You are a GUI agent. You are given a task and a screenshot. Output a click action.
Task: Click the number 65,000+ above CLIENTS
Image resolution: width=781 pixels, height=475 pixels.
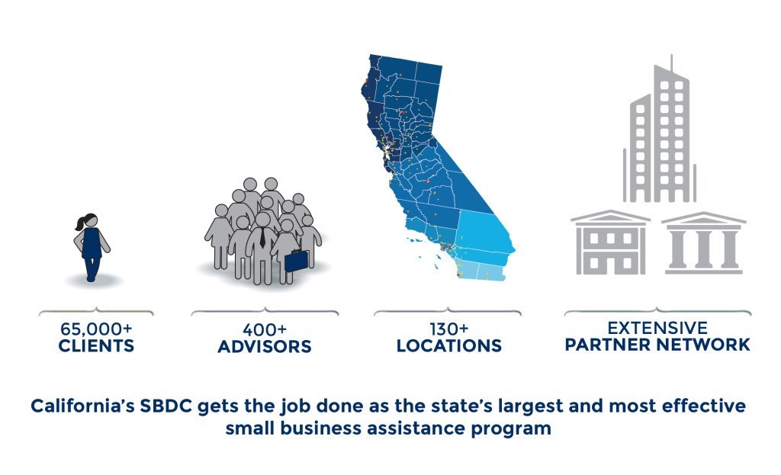[x=96, y=329]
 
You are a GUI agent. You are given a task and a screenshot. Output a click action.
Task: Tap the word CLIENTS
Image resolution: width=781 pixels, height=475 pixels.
[x=96, y=345]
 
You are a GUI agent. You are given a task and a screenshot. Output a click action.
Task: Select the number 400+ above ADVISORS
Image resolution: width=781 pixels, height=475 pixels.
[x=265, y=329]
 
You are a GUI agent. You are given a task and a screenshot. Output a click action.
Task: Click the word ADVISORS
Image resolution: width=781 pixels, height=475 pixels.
[x=265, y=347]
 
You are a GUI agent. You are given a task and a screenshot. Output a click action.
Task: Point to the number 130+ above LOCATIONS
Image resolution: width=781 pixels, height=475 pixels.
[x=448, y=329]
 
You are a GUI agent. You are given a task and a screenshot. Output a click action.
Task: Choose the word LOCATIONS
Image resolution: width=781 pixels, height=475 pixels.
[x=448, y=345]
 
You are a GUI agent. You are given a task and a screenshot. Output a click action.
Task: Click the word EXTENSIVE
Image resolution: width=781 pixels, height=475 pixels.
[x=657, y=328]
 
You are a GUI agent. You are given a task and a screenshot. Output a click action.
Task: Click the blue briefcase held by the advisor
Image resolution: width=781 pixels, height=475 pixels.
[x=296, y=261]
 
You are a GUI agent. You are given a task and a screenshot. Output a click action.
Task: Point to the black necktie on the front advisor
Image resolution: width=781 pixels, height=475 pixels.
[x=262, y=238]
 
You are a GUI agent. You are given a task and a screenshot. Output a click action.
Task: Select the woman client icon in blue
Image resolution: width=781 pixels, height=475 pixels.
[x=92, y=248]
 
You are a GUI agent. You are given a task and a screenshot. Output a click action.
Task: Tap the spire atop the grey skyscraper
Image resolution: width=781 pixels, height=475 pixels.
[x=671, y=63]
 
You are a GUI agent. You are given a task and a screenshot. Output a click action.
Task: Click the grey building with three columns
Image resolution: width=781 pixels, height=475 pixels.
[x=703, y=243]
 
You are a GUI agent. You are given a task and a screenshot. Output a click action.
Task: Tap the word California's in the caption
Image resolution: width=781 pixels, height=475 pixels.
[x=82, y=406]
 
